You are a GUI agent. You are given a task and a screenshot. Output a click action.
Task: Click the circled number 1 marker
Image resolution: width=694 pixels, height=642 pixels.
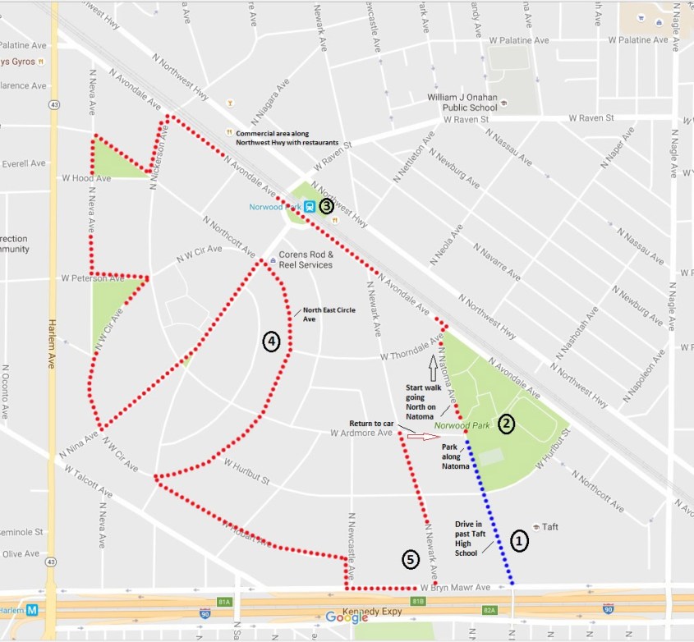click(x=519, y=540)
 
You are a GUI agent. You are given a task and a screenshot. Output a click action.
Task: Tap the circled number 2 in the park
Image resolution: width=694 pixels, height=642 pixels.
click(x=506, y=423)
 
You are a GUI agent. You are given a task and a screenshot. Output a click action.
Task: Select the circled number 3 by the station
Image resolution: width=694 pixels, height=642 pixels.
click(x=326, y=206)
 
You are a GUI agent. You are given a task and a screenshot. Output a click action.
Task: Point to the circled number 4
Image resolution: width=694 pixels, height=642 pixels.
click(x=271, y=341)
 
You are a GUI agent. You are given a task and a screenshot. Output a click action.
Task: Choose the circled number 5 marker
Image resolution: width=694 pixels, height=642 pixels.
click(x=411, y=559)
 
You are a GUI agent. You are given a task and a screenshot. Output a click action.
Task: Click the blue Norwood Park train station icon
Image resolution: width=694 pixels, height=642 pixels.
click(x=309, y=207)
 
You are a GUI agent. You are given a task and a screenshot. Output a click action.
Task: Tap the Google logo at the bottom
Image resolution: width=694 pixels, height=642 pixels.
click(x=347, y=617)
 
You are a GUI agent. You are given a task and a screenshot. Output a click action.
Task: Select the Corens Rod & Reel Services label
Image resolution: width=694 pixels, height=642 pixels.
click(x=306, y=259)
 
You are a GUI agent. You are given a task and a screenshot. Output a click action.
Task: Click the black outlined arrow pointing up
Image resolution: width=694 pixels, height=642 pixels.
click(x=433, y=362)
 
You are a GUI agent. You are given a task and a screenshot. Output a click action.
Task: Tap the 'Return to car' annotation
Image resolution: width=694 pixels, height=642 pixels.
click(x=373, y=424)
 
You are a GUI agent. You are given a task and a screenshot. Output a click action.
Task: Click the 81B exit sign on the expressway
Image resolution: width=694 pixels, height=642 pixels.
click(x=418, y=602)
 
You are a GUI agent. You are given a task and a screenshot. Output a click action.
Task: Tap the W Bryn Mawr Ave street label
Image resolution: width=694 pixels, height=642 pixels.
click(x=454, y=588)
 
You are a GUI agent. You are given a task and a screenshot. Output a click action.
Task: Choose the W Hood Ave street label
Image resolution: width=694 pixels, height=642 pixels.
click(x=86, y=177)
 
